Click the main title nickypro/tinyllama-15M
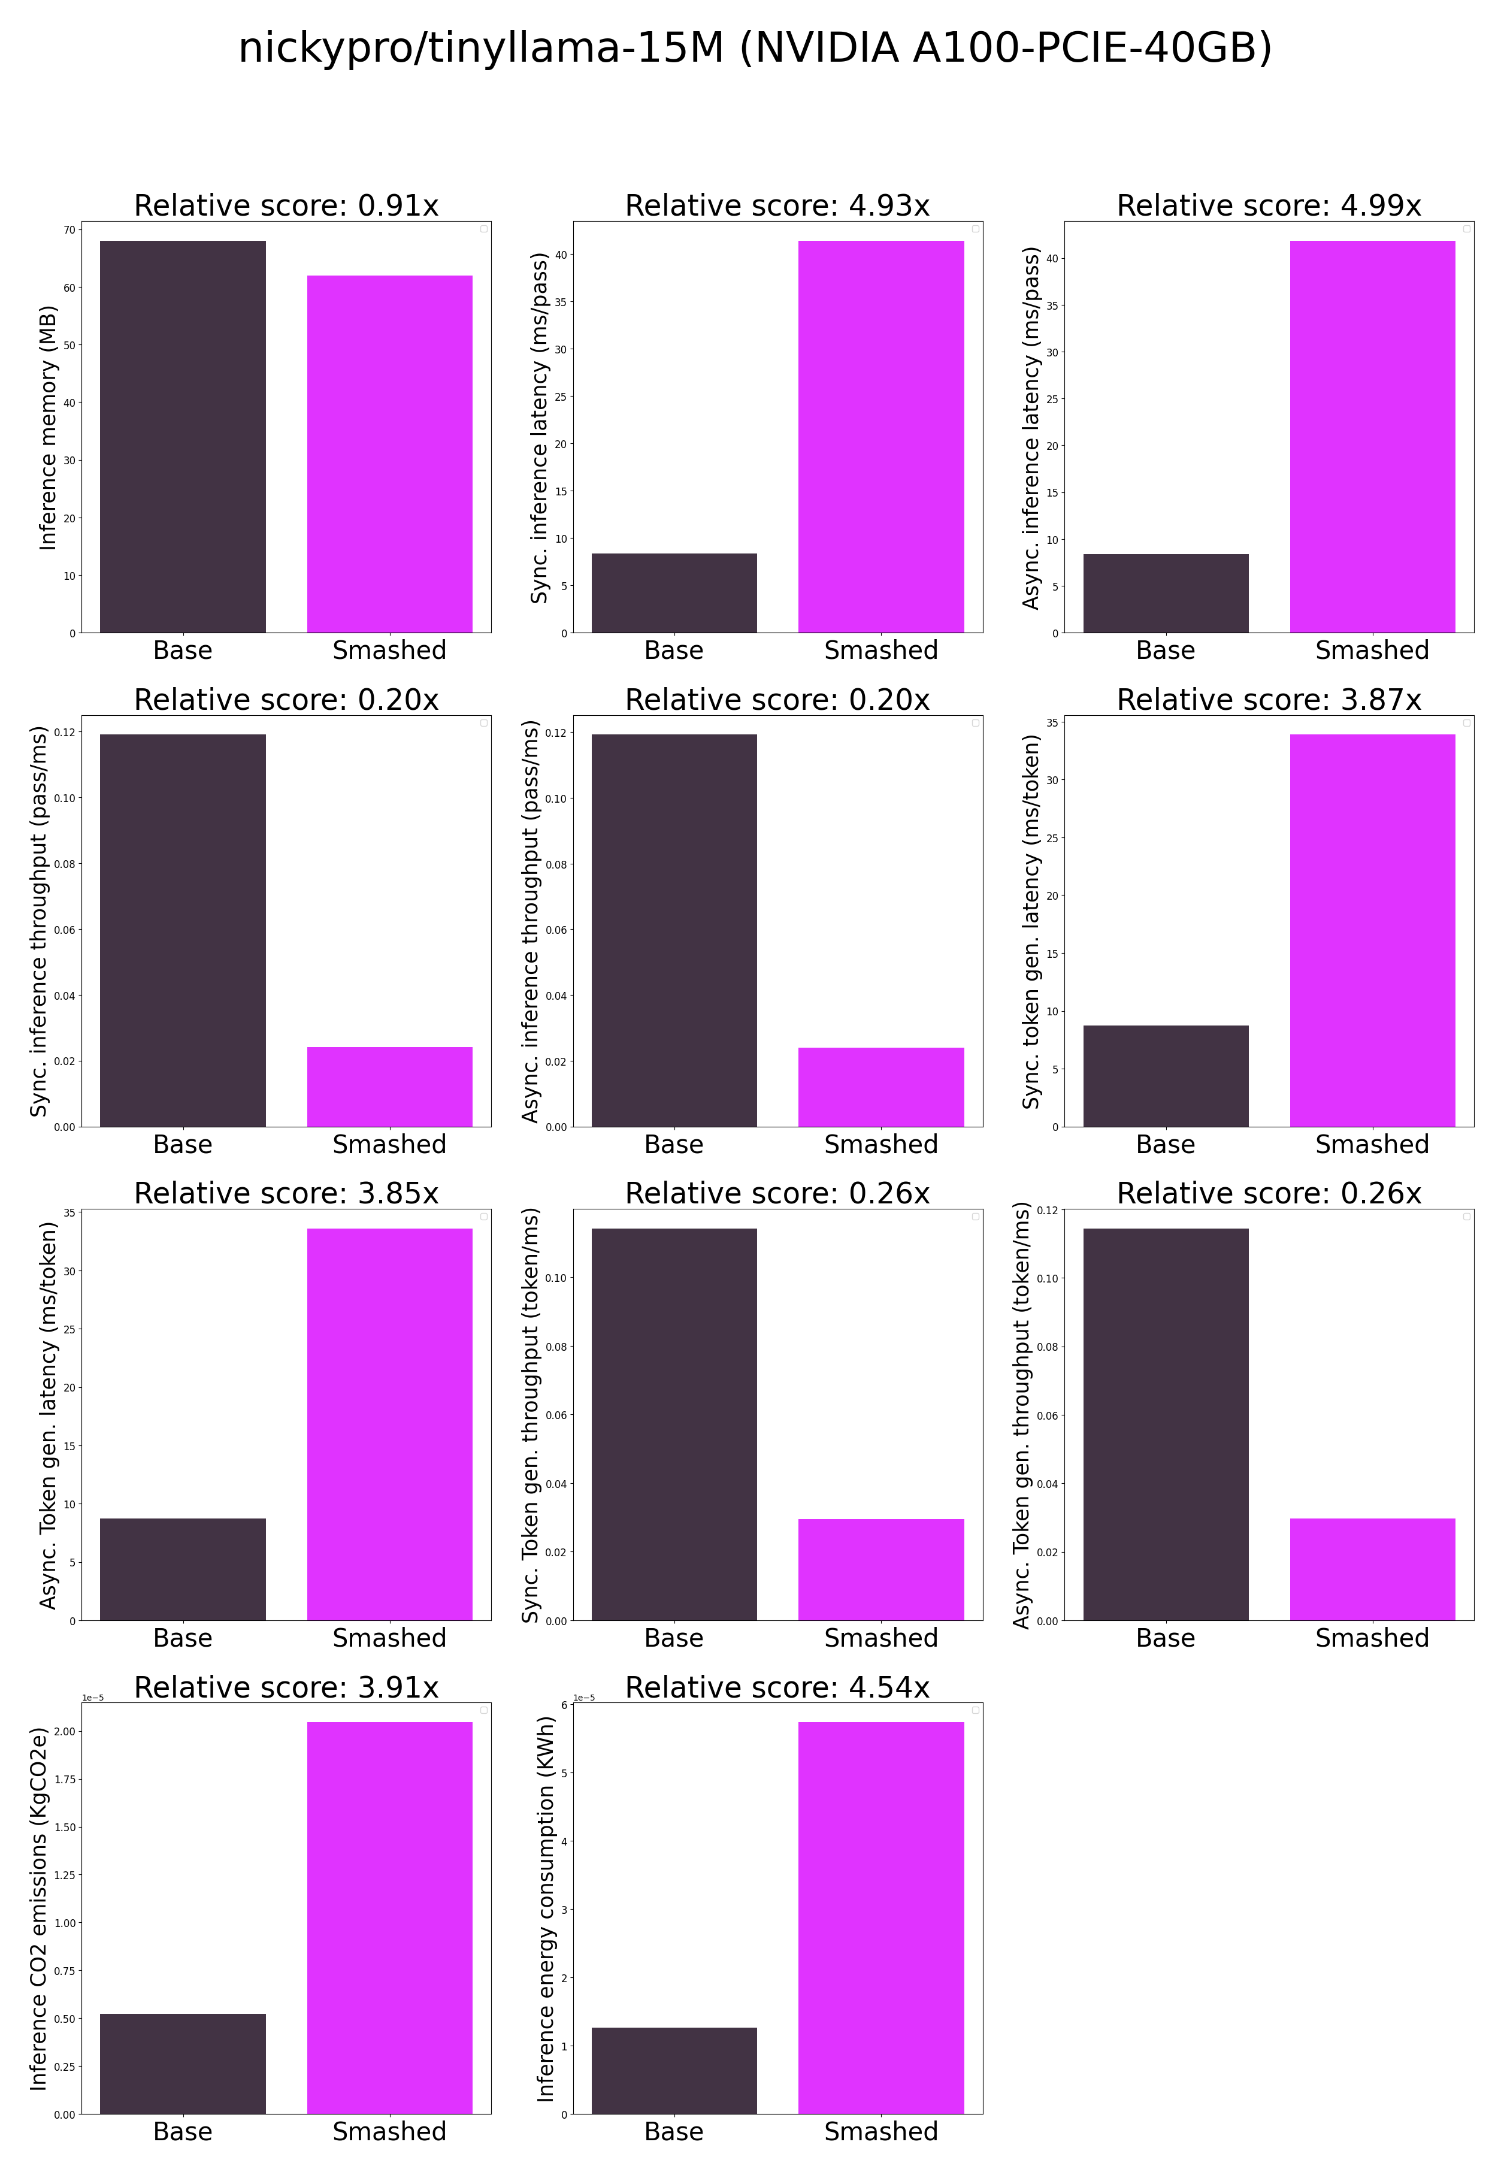tap(754, 48)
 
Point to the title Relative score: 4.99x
tap(1269, 205)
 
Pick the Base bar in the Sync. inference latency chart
tap(674, 593)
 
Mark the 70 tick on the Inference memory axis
tap(69, 230)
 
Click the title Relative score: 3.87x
tap(1269, 699)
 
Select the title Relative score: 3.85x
tap(286, 1193)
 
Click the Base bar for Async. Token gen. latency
tap(183, 1569)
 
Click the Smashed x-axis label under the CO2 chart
tap(389, 2132)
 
